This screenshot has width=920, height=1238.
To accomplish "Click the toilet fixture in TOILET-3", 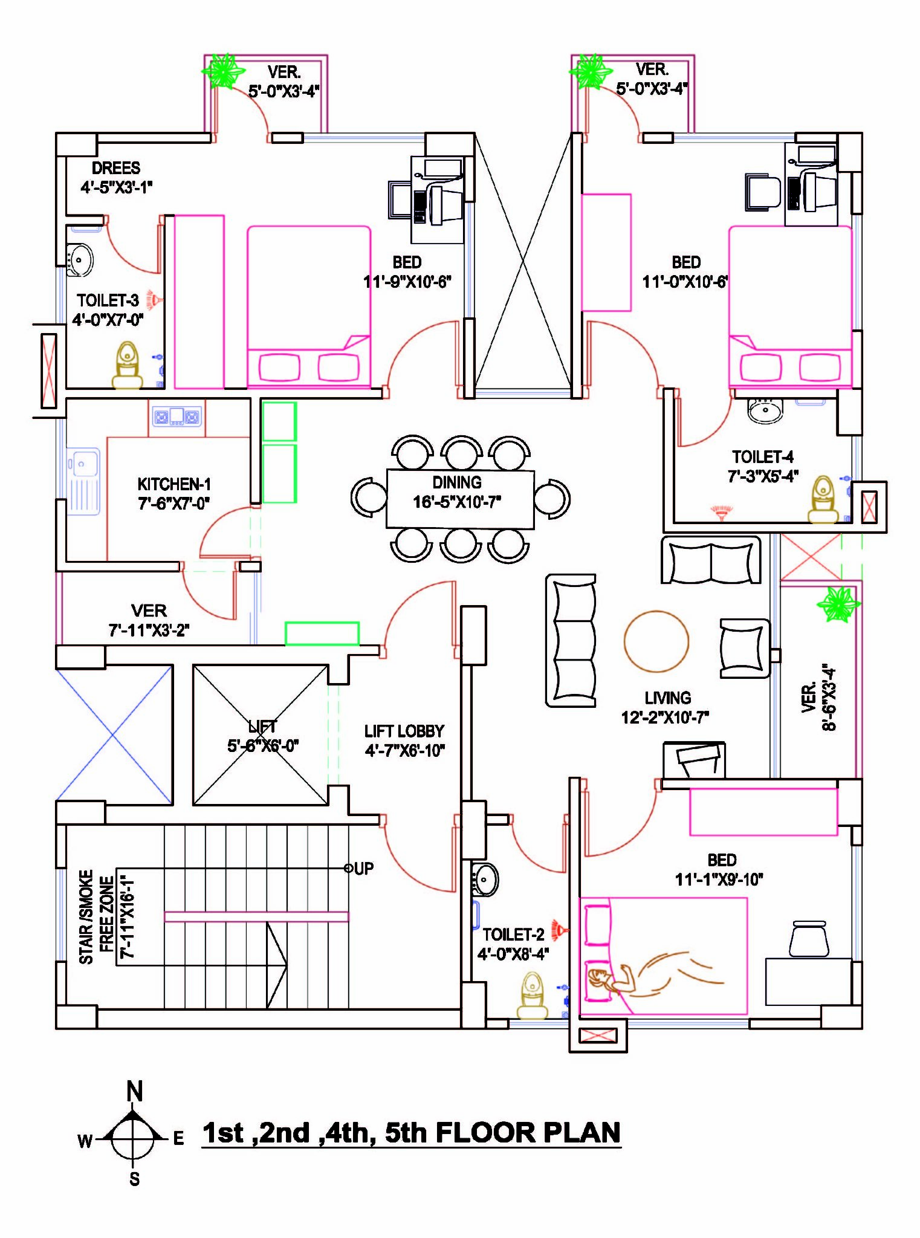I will point(127,365).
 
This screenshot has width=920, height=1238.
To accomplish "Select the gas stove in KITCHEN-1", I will point(177,416).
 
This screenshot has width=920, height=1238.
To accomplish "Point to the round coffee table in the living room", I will point(656,641).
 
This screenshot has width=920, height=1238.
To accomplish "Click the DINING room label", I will point(457,482).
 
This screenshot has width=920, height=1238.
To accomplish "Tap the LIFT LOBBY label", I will point(404,731).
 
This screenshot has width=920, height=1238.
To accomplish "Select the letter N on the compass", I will point(134,1092).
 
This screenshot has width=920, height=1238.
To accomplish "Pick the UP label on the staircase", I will point(363,869).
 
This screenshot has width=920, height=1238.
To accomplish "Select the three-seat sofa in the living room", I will point(571,641).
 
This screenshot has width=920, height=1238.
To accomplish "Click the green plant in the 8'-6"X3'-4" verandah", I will point(838,603).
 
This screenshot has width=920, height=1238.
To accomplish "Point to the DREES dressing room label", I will point(116,168).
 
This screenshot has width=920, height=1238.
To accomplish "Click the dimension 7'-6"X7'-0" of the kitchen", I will point(174,503).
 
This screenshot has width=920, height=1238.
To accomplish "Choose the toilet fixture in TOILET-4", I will point(823,499).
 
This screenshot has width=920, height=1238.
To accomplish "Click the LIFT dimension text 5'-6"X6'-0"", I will point(262,746).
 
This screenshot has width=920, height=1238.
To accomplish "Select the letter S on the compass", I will point(134,1179).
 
